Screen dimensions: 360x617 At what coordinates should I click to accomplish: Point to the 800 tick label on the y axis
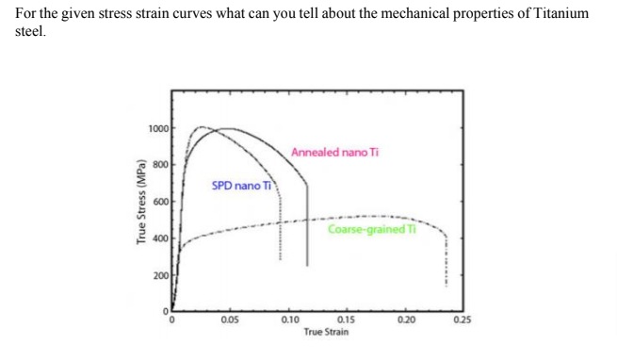[x=161, y=164]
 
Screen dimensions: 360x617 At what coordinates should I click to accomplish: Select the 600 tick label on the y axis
[x=161, y=202]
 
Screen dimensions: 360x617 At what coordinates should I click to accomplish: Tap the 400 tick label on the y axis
[x=161, y=238]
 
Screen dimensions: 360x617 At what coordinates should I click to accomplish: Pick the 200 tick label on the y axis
[x=161, y=275]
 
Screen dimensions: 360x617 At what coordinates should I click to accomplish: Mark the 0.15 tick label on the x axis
[x=346, y=320]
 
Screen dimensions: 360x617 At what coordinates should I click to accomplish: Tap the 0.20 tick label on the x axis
[x=405, y=320]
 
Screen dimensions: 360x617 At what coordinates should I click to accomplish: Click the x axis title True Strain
[x=326, y=333]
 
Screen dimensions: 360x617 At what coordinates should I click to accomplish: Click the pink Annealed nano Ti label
[x=334, y=153]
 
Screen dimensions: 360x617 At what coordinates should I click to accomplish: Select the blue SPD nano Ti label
[x=241, y=186]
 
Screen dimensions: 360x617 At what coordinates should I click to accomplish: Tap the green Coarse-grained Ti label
[x=366, y=229]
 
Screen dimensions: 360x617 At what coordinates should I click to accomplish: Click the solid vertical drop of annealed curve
[x=308, y=226]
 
